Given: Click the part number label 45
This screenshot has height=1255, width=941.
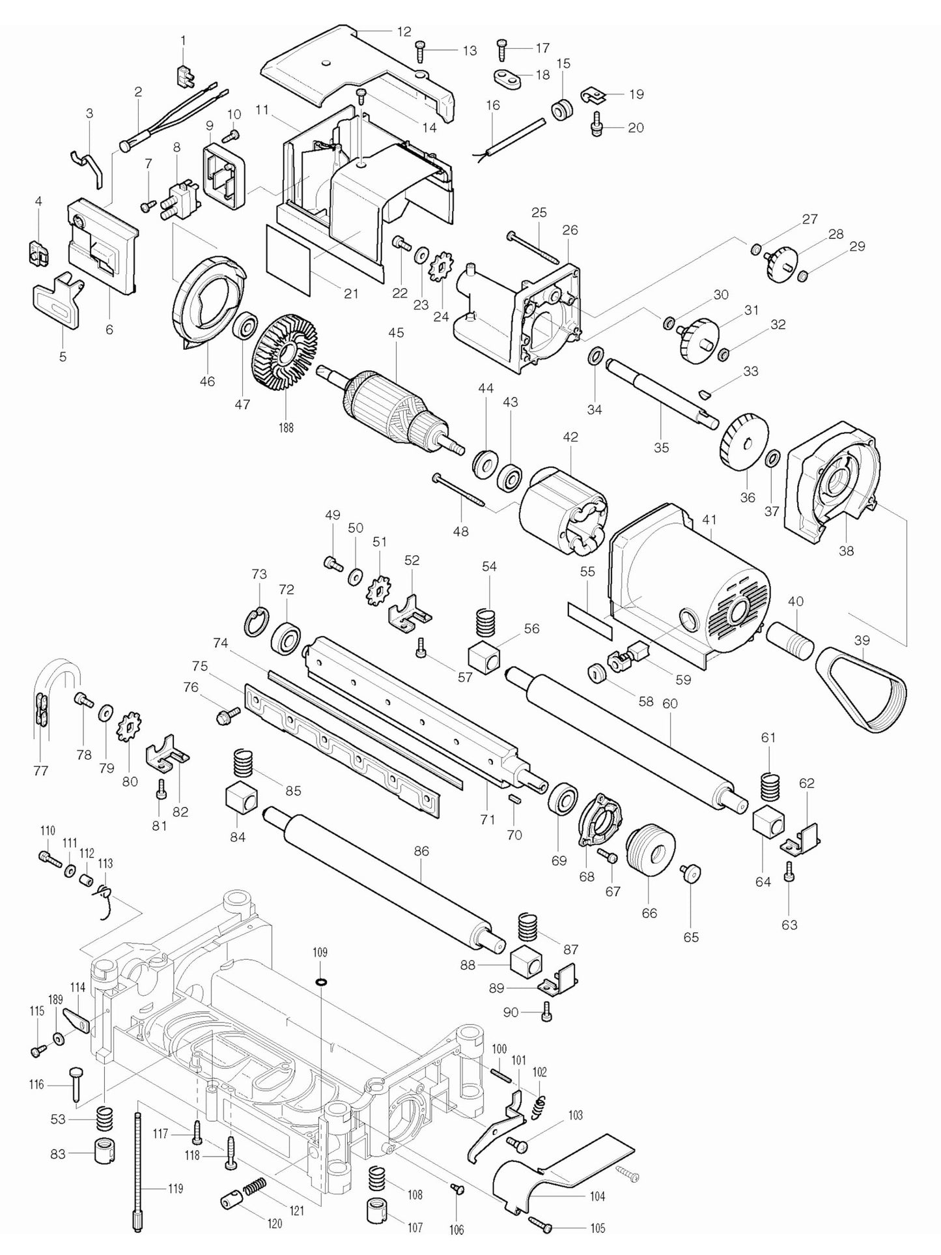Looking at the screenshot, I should pos(396,333).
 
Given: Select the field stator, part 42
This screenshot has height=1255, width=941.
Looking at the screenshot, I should pos(563,511).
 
